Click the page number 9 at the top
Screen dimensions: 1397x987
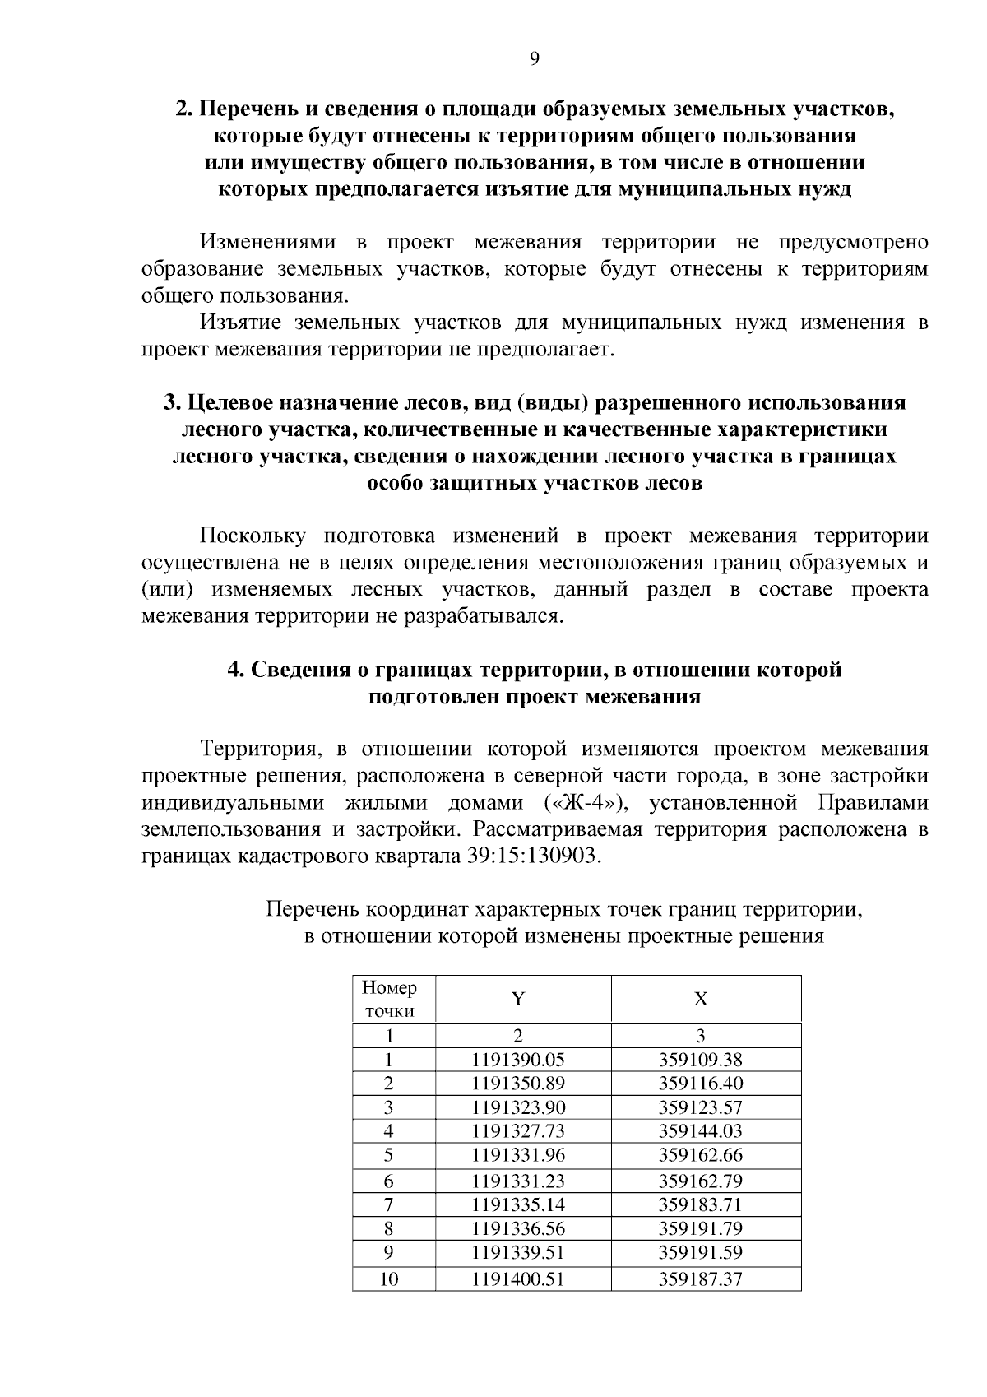point(535,58)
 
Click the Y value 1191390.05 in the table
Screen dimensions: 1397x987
point(518,1060)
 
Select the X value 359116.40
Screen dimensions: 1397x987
point(700,1084)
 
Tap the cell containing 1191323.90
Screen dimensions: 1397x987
point(518,1107)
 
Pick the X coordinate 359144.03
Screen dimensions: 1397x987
point(700,1131)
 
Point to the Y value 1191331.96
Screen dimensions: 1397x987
point(518,1155)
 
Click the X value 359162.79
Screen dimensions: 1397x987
point(700,1181)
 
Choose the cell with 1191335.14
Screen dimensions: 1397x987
point(518,1205)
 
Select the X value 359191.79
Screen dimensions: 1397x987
point(700,1229)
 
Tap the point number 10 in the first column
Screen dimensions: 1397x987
point(389,1279)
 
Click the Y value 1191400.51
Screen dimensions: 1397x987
point(518,1279)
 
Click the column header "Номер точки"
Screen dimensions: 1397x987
point(390,999)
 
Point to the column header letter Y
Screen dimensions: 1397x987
point(518,1000)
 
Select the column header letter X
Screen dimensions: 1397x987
point(701,1000)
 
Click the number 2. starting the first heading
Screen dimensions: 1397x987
point(184,109)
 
